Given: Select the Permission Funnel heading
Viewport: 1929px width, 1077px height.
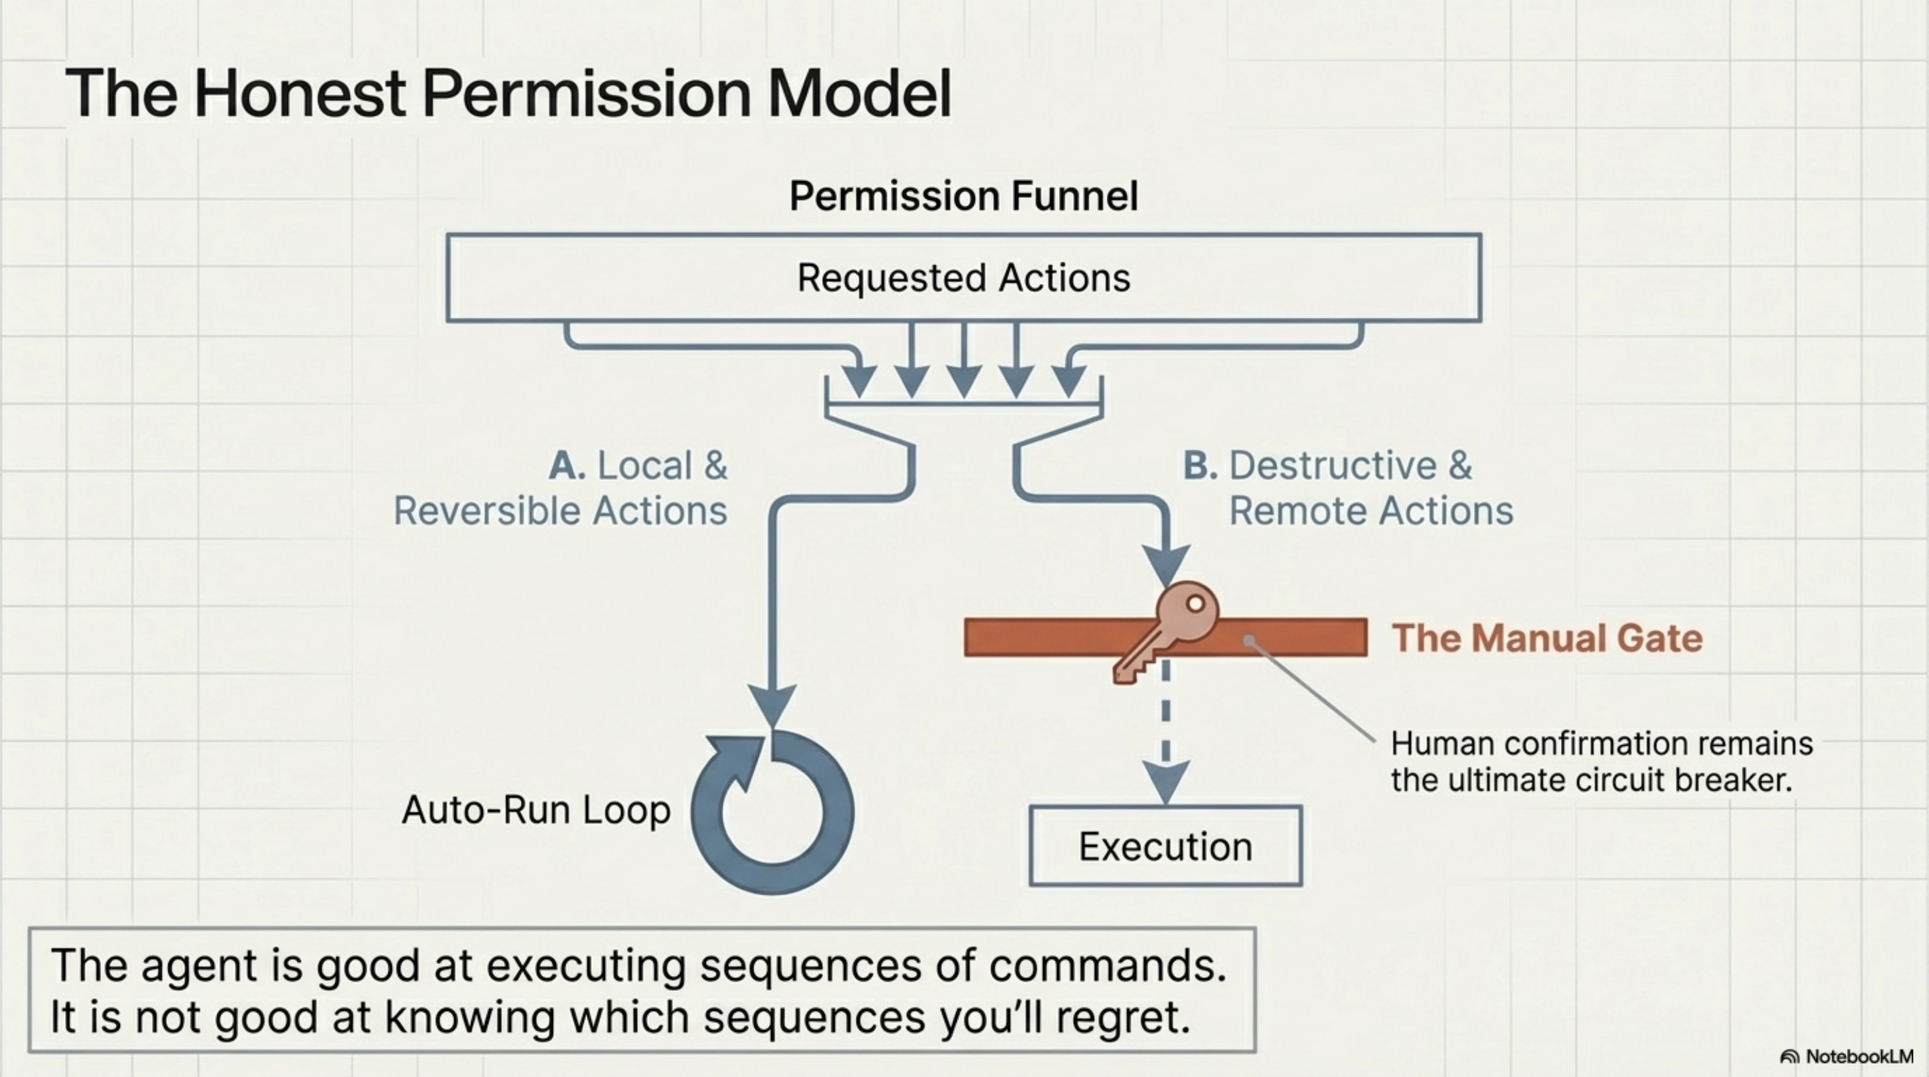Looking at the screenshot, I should pyautogui.click(x=963, y=197).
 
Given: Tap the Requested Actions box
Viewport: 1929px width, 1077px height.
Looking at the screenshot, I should pyautogui.click(x=963, y=278).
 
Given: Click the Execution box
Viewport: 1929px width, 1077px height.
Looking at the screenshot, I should pyautogui.click(x=1165, y=846).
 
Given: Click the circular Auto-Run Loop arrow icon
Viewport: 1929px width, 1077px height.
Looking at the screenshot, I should pyautogui.click(x=772, y=812).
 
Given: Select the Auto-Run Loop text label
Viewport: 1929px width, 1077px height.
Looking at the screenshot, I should pyautogui.click(x=536, y=810).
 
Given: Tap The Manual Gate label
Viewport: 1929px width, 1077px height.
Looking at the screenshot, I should pyautogui.click(x=1547, y=638).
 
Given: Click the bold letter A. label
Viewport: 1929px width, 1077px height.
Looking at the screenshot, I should pyautogui.click(x=566, y=466).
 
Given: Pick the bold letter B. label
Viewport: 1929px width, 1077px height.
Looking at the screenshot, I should pyautogui.click(x=1200, y=466).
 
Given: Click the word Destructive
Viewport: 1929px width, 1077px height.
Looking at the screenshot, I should pyautogui.click(x=1333, y=466).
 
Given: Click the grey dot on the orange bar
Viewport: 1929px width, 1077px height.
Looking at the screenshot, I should pyautogui.click(x=1248, y=639).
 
